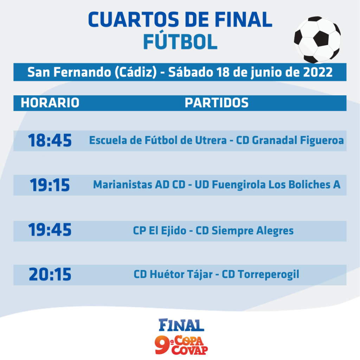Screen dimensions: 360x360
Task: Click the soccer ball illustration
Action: tap(317, 40)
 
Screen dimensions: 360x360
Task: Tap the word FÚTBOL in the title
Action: tap(180, 41)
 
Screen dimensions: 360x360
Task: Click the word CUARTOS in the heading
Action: tap(133, 20)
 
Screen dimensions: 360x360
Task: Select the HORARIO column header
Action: tap(50, 103)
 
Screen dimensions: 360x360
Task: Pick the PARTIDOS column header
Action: tap(217, 103)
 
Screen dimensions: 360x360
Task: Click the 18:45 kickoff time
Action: tap(50, 140)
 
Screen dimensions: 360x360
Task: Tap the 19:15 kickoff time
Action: tap(50, 185)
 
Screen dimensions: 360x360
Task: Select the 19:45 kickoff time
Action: tap(50, 230)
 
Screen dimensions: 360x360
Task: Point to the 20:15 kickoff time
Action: tap(50, 274)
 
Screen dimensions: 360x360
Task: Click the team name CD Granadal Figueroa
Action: tap(290, 141)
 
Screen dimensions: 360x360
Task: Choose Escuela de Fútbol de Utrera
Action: tap(158, 140)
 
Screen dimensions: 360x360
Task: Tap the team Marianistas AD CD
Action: tap(139, 185)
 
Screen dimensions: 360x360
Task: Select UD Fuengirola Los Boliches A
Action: tap(268, 185)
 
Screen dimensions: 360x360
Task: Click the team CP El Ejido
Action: tap(160, 231)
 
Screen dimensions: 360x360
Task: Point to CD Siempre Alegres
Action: tap(245, 231)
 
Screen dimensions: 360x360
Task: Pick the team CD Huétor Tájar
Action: tap(173, 274)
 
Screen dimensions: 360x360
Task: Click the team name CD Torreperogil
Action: tap(261, 275)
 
